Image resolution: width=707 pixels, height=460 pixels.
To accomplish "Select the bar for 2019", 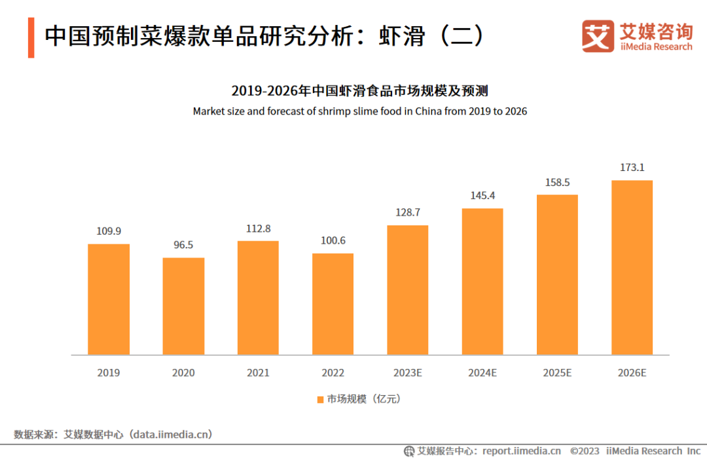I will click(109, 299).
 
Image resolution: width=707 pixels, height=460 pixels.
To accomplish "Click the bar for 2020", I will click(183, 306).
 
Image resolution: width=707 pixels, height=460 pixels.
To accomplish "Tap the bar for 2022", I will click(333, 304).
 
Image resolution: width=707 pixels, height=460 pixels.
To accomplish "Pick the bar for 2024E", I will click(482, 282).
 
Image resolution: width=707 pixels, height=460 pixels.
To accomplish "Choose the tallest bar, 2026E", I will click(632, 267).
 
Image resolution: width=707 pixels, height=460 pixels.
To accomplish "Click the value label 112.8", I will click(258, 229).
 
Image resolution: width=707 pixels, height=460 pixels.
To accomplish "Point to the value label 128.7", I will click(407, 213).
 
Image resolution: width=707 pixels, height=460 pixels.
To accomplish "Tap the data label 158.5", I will click(557, 182).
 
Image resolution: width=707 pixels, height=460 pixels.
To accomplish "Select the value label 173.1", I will click(632, 168).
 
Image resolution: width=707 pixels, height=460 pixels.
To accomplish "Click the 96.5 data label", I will click(183, 245).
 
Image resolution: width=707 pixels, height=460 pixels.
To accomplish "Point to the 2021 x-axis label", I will click(258, 373).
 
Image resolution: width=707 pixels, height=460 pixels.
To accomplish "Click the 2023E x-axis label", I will click(407, 373).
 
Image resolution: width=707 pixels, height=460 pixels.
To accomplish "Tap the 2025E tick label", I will click(557, 373).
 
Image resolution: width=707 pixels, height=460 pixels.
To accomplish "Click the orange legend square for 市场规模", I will click(320, 399).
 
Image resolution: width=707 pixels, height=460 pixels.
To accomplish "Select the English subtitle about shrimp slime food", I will click(359, 111).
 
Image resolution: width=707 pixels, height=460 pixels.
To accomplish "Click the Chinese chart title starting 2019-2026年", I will click(359, 90).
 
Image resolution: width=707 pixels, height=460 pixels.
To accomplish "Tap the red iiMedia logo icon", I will click(598, 36).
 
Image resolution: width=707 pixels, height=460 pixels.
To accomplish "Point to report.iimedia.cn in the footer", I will click(521, 451).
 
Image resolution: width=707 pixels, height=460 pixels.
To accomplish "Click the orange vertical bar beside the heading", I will click(31, 37).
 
